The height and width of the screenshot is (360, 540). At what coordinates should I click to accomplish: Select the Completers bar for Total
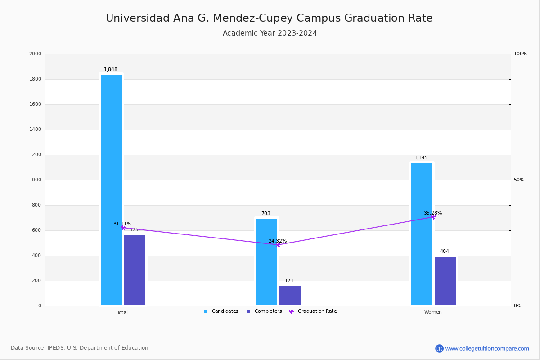[135, 270]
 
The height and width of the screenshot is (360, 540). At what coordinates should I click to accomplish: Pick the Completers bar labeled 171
[290, 295]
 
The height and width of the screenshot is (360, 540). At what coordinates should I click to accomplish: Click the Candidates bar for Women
[422, 234]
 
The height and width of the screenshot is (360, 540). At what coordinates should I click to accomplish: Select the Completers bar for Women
[445, 281]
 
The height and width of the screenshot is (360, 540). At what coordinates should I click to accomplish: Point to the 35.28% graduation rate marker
[433, 217]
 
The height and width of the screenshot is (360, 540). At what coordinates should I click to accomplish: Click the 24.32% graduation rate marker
[278, 245]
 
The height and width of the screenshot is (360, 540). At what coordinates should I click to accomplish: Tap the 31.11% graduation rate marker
[122, 228]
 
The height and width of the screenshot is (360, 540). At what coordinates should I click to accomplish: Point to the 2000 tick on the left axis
[35, 54]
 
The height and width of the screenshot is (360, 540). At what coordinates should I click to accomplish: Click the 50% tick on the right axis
[519, 180]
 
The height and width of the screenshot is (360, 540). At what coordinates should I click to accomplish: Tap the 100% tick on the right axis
[520, 54]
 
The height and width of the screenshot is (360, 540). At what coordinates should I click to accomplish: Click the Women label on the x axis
[433, 312]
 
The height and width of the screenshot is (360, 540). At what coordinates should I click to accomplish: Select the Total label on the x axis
[122, 312]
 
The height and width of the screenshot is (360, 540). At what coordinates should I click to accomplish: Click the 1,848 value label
[111, 70]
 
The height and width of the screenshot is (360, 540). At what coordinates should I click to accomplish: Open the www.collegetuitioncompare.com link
[487, 348]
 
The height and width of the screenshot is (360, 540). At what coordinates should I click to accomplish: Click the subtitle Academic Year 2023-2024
[270, 33]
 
